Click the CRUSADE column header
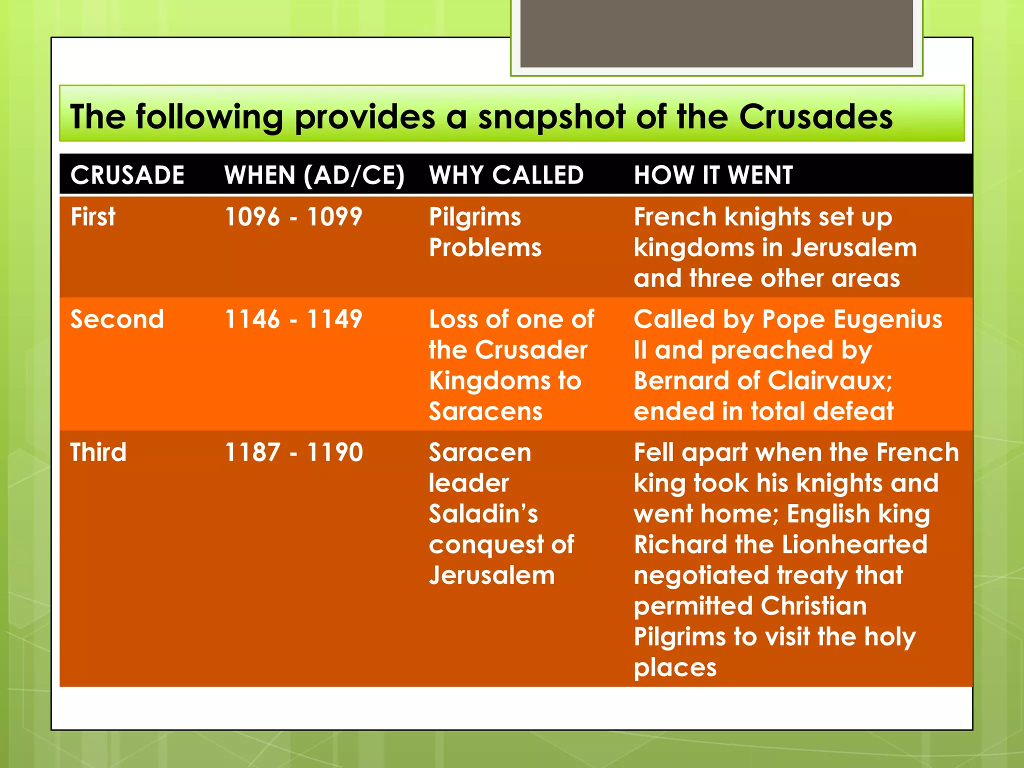(x=127, y=175)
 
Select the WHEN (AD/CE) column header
(x=314, y=175)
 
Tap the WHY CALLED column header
(x=506, y=175)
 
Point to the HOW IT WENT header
(x=713, y=175)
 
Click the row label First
(x=93, y=216)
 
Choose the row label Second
(x=117, y=319)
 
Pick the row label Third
(x=98, y=452)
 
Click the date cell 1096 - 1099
(x=293, y=217)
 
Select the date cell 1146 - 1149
(x=293, y=319)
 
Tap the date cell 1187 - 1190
(x=293, y=452)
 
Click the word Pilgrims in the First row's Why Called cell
(x=475, y=217)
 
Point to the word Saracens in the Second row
(x=485, y=411)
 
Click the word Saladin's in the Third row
(x=483, y=513)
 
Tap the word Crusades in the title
(x=815, y=116)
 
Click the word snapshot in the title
(x=551, y=117)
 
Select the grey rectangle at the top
(x=716, y=33)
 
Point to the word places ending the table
(x=675, y=668)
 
